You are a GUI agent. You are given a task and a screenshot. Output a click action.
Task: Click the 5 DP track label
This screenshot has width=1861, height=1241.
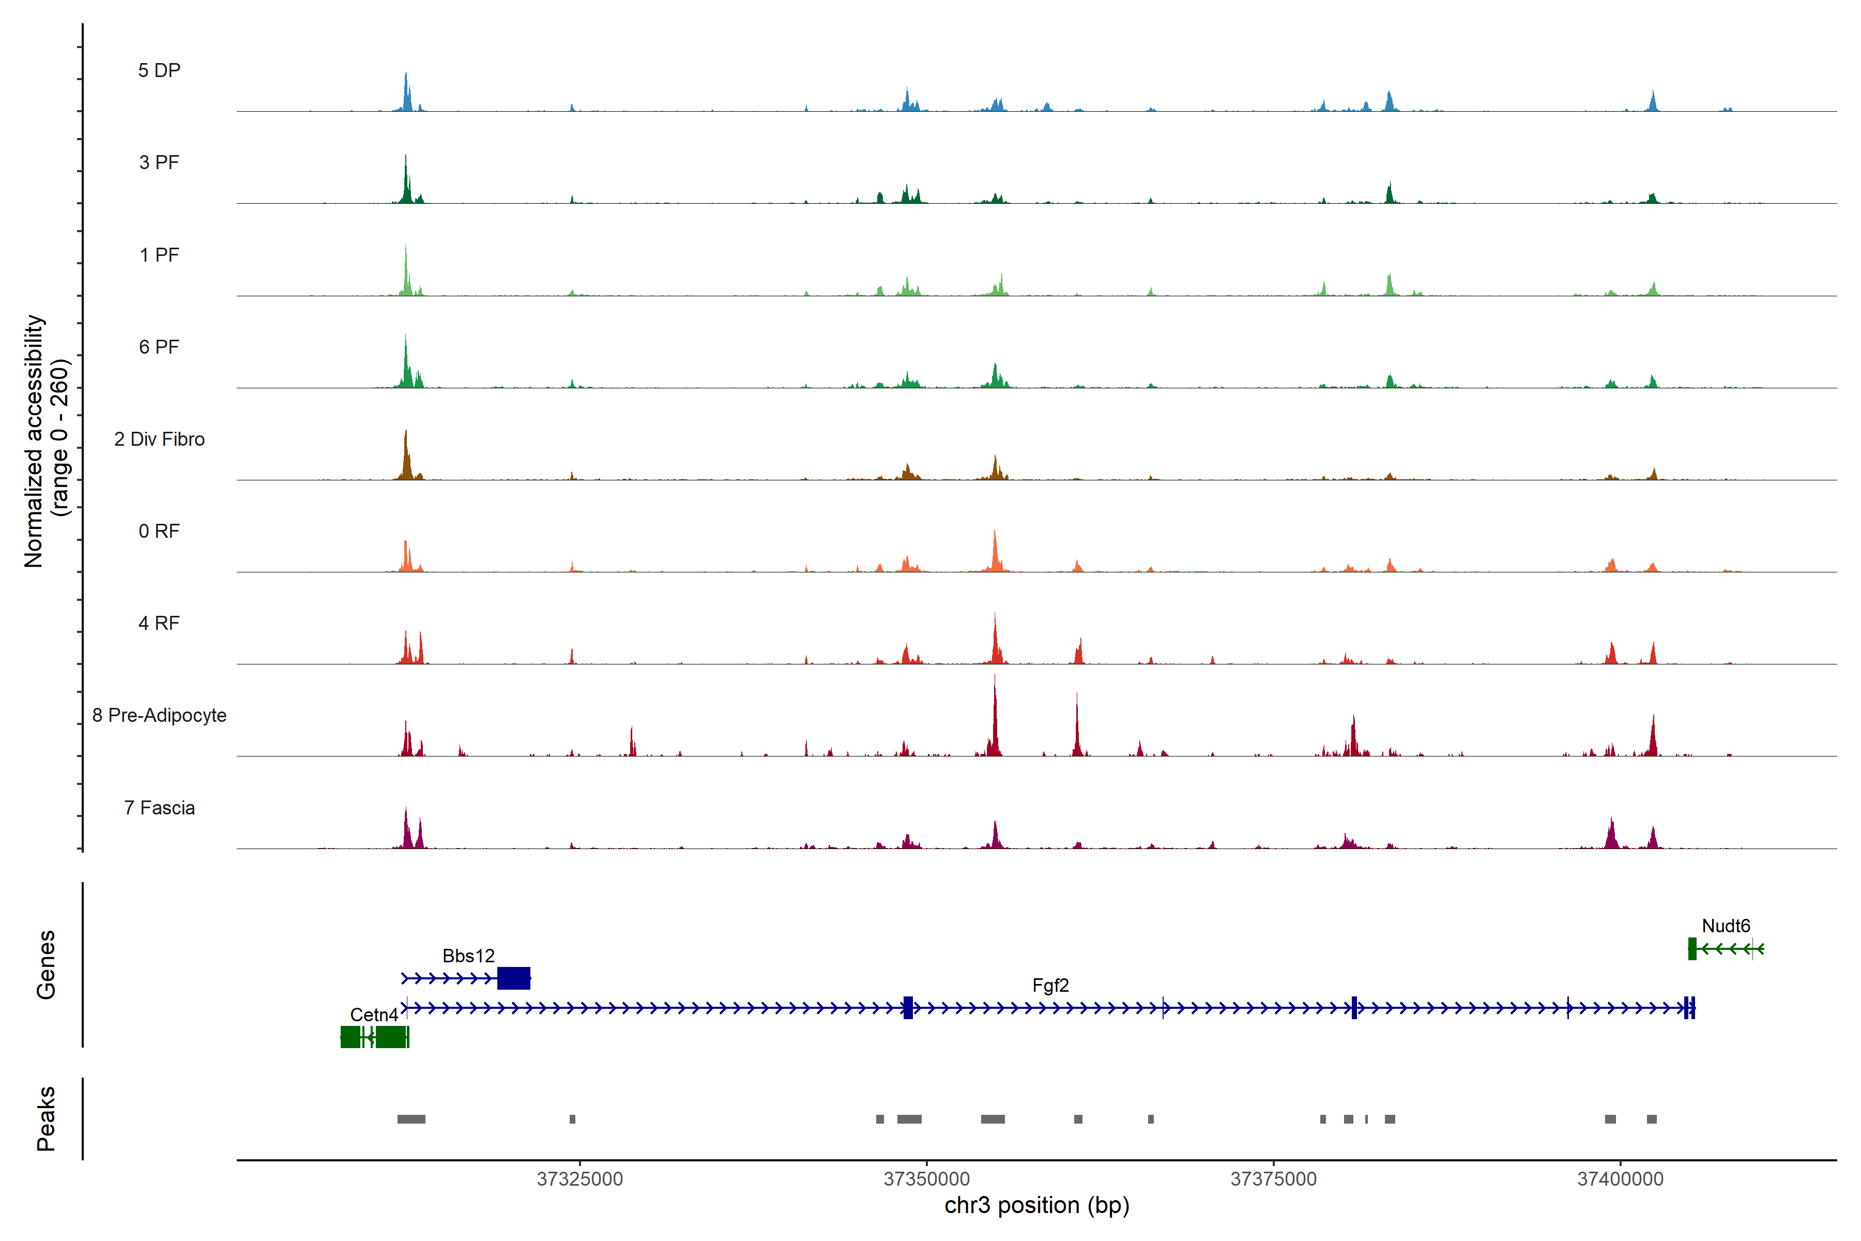tap(159, 70)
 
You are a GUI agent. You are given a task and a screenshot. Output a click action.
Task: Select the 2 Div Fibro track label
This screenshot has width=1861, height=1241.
tap(159, 439)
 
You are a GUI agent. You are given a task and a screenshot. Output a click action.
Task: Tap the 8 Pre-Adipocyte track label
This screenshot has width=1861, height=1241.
tap(159, 716)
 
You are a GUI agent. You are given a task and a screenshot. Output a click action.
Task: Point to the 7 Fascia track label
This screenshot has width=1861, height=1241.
tap(159, 808)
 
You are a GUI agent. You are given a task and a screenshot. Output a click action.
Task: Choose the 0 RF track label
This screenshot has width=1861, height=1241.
tap(159, 531)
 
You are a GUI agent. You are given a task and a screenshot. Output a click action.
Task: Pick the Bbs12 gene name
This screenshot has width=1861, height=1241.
tap(468, 956)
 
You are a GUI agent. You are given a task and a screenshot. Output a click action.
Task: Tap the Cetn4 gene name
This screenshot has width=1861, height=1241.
tap(373, 1015)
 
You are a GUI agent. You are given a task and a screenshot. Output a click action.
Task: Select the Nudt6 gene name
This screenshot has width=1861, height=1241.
tap(1726, 926)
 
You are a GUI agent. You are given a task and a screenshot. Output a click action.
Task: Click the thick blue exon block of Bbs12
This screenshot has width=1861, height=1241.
tap(513, 978)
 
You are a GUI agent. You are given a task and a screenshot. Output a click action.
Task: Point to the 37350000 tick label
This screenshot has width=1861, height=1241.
tap(926, 1179)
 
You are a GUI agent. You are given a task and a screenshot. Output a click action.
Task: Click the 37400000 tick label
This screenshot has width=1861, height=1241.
tap(1620, 1179)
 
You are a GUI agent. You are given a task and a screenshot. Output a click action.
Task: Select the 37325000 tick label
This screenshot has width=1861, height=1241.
tap(580, 1179)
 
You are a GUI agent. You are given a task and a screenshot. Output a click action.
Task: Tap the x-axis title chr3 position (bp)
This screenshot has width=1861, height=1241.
tap(1036, 1205)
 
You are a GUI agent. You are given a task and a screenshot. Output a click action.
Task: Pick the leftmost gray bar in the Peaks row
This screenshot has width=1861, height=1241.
tap(411, 1119)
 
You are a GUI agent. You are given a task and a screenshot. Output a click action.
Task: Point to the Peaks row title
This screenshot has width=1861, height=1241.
tap(46, 1118)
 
